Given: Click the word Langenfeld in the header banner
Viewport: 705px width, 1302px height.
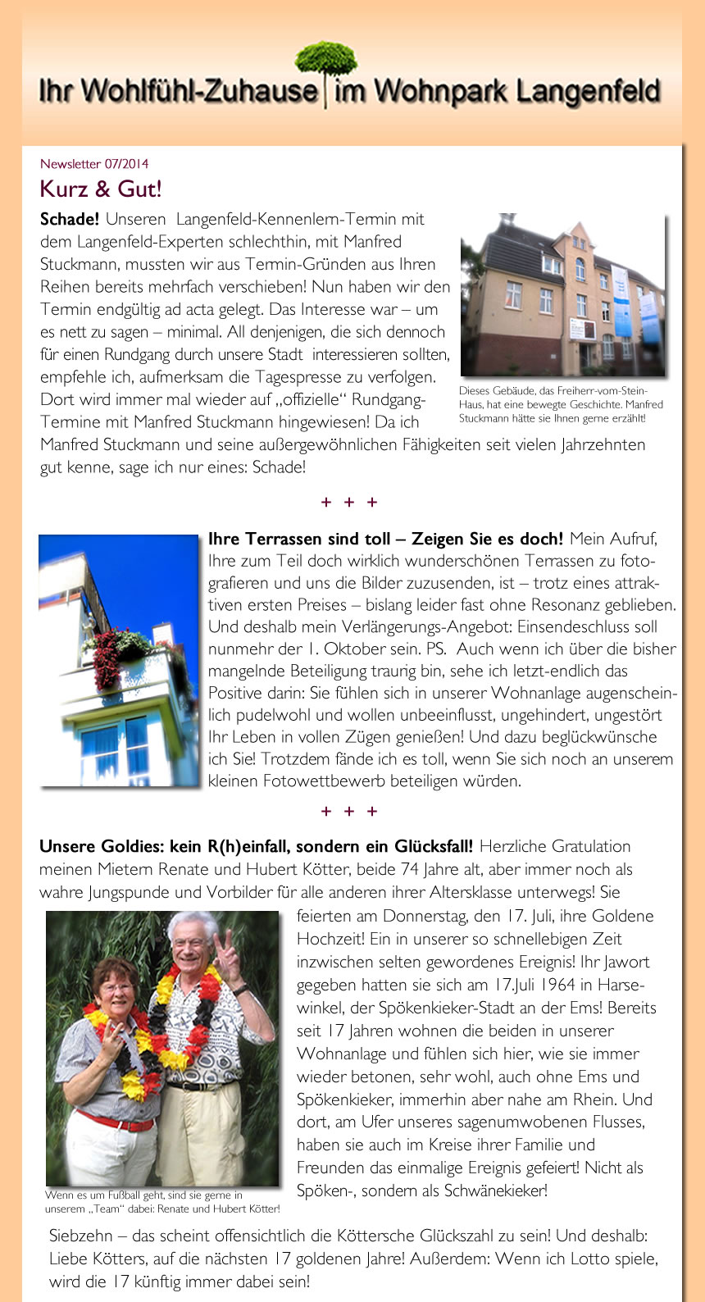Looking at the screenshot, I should click(587, 90).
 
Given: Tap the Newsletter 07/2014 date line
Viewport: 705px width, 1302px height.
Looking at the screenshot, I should click(94, 164).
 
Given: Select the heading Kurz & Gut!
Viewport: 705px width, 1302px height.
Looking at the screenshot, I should click(101, 189).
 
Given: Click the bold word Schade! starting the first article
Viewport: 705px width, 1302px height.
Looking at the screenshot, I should click(70, 220).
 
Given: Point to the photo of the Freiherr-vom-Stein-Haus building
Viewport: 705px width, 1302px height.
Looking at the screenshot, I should click(562, 295).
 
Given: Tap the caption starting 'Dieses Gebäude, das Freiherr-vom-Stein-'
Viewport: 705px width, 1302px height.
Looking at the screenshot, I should click(561, 404).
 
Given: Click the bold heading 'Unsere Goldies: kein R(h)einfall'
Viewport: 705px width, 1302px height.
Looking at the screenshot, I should click(256, 847).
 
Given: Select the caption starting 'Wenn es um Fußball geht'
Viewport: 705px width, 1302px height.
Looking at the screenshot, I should click(162, 1202).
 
